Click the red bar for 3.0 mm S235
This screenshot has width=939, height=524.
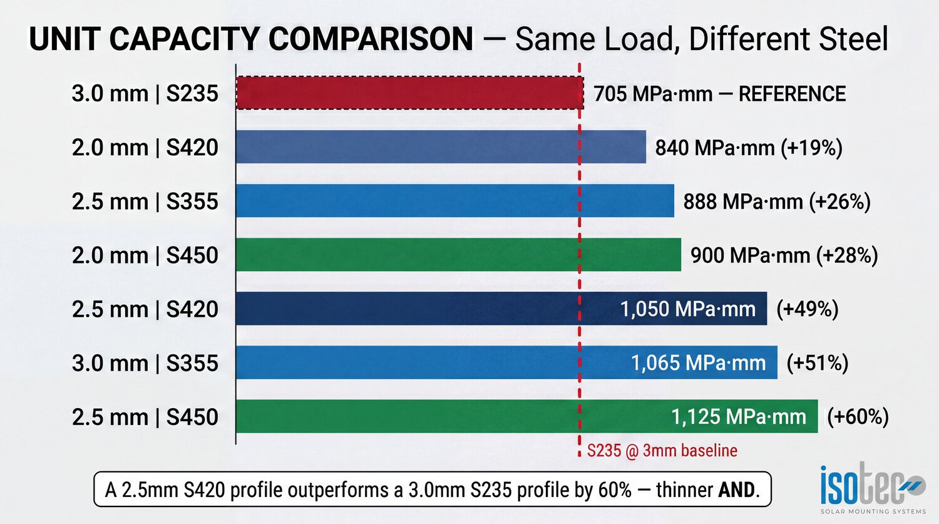click(x=409, y=93)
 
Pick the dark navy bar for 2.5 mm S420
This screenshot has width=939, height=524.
click(x=426, y=309)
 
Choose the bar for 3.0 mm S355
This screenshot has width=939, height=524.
click(x=432, y=362)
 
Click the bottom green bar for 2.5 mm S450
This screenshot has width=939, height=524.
click(x=451, y=416)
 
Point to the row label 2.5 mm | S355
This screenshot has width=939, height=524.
click(x=145, y=202)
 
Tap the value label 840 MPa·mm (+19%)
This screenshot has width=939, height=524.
click(x=749, y=148)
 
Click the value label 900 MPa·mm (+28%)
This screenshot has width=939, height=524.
click(x=784, y=255)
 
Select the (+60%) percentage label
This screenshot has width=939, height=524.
click(x=858, y=417)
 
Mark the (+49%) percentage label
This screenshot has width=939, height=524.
click(x=807, y=309)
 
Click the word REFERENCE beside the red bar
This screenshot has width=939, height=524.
click(x=792, y=94)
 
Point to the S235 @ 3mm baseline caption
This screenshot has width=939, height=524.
click(x=662, y=451)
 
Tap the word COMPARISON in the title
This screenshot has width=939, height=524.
click(x=371, y=39)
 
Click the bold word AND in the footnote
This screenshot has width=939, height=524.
click(x=737, y=490)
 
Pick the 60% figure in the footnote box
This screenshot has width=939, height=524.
click(x=615, y=490)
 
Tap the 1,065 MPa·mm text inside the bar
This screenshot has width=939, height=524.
click(x=698, y=363)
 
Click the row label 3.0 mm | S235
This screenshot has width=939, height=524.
click(x=145, y=94)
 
